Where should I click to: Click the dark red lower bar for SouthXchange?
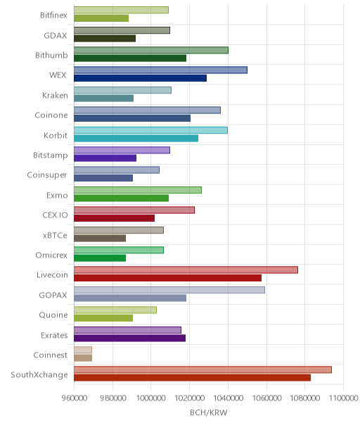tap(193, 378)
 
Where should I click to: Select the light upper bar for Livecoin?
tap(186, 270)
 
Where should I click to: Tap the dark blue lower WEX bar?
tap(141, 78)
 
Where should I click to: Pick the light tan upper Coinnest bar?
tap(83, 350)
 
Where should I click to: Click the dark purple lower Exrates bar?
tap(130, 338)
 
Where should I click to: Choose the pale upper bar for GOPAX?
tap(169, 290)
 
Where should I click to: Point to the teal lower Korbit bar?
tap(136, 138)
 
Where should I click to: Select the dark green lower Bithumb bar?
tap(130, 58)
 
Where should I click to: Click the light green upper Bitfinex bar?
tap(121, 10)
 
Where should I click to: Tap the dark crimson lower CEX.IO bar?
tap(115, 218)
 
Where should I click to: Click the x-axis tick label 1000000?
tap(151, 398)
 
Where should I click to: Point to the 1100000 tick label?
tap(343, 398)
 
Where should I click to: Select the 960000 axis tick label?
tap(75, 398)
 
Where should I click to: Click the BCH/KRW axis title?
tap(209, 413)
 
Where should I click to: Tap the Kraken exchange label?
tap(55, 96)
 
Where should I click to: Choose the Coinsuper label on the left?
tap(47, 175)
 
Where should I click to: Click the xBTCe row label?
tap(55, 235)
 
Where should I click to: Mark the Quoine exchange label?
tap(53, 315)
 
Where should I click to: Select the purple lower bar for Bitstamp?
tap(105, 158)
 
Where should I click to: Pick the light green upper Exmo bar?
tap(138, 190)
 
